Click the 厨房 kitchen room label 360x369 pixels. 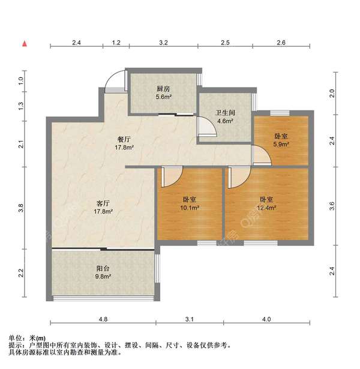click(x=164, y=87)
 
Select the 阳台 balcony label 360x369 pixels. click(x=103, y=269)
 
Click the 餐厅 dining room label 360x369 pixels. click(x=124, y=137)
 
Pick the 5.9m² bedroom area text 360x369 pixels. click(x=281, y=144)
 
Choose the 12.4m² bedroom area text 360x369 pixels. click(x=266, y=208)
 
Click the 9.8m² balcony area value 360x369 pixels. click(x=103, y=277)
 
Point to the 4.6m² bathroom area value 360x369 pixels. click(x=224, y=120)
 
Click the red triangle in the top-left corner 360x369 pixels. click(x=24, y=43)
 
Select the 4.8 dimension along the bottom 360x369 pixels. click(x=103, y=319)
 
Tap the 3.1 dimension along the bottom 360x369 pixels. click(x=190, y=319)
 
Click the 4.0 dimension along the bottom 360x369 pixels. click(x=266, y=319)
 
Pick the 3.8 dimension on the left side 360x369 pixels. click(x=21, y=209)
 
